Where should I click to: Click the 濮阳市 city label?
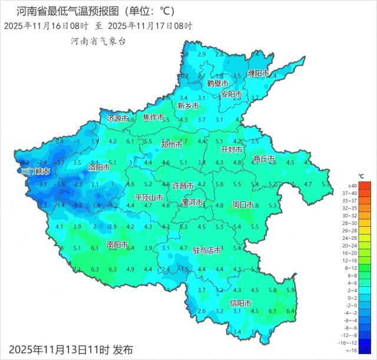(x=258, y=74)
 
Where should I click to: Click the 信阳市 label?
(x=240, y=303)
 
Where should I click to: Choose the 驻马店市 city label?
(x=207, y=250)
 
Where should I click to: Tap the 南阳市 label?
(x=117, y=245)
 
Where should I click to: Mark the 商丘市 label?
(x=264, y=159)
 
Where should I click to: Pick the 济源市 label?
(x=118, y=118)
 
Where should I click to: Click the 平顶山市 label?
(x=149, y=197)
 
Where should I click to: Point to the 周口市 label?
(x=243, y=205)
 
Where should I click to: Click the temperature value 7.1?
(x=78, y=269)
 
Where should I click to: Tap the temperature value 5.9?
(x=290, y=290)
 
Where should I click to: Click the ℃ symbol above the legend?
(x=361, y=177)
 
